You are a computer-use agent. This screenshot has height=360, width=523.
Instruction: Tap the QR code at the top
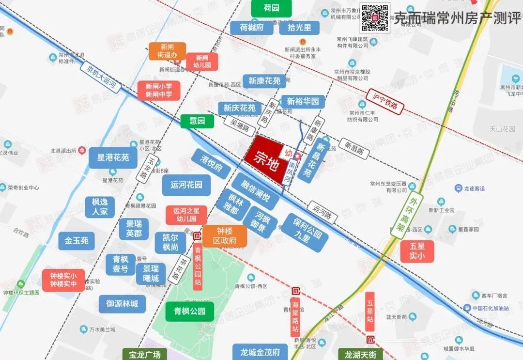(x=374, y=18)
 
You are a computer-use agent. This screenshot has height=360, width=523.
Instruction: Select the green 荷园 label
(x=271, y=8)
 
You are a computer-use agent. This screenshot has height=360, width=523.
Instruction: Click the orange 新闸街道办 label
(x=167, y=51)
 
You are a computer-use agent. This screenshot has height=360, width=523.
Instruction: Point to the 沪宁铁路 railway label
(x=385, y=101)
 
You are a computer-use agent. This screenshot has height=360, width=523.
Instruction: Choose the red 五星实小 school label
(x=417, y=251)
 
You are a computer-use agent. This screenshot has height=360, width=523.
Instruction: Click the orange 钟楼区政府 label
(x=225, y=236)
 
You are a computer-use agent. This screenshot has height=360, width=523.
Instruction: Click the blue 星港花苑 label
(x=113, y=158)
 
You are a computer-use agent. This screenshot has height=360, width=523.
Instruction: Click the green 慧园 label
(x=197, y=121)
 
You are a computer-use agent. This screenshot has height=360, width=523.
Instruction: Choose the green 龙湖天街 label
(x=361, y=355)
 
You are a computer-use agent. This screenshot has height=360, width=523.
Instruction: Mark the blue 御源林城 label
(x=122, y=304)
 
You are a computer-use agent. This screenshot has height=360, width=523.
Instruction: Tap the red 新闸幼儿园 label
(x=202, y=62)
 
